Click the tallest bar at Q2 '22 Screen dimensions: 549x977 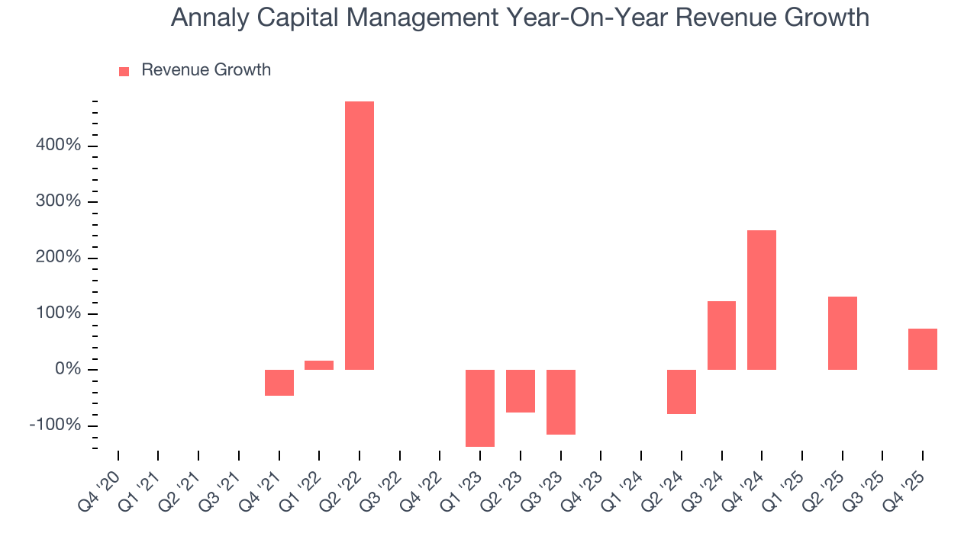click(x=360, y=235)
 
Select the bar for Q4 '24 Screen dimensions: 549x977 click(x=762, y=300)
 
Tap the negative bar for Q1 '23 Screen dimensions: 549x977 click(x=480, y=408)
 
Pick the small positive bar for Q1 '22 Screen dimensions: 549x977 click(x=319, y=365)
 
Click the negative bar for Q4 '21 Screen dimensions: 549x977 click(x=279, y=383)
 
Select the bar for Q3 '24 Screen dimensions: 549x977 click(x=721, y=335)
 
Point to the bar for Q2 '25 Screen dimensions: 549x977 click(x=843, y=333)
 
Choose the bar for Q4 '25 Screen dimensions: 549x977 click(x=923, y=349)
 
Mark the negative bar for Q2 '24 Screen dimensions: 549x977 click(x=682, y=392)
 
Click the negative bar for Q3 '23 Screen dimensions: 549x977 click(x=561, y=402)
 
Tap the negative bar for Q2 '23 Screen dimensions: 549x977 click(x=521, y=391)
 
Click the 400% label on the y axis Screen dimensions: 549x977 click(x=59, y=146)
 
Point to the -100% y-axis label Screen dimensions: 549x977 click(x=55, y=425)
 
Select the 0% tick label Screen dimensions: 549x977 click(x=67, y=370)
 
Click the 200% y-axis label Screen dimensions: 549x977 click(x=59, y=258)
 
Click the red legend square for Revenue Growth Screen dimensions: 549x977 click(x=124, y=71)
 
